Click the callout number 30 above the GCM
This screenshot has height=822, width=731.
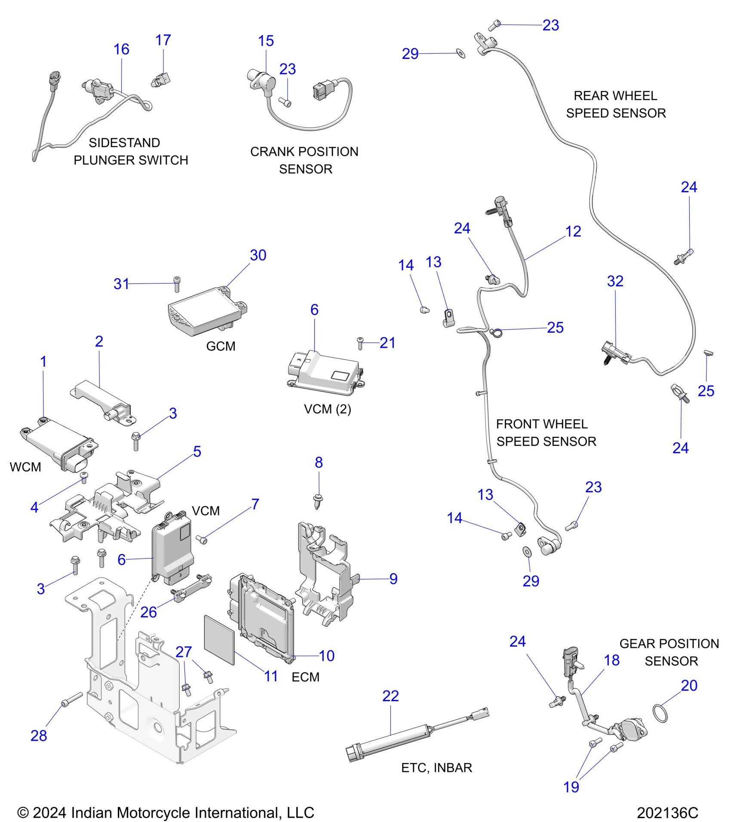coord(258,255)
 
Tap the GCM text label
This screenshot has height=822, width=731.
coord(221,346)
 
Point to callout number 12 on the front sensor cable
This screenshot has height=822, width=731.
coord(573,232)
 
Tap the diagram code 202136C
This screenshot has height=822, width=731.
coord(667,813)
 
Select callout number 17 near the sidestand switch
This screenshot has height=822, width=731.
coord(163,40)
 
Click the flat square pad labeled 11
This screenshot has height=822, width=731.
coord(219,640)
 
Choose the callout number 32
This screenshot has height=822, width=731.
coord(615,281)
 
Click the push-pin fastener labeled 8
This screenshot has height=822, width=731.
coord(317,501)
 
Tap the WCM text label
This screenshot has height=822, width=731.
coord(25,467)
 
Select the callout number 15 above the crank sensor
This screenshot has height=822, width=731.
coord(266,41)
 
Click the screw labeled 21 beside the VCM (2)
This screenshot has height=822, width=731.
coord(360,343)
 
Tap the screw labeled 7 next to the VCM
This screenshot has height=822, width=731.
coord(201,539)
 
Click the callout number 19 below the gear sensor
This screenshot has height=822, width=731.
coord(571,787)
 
